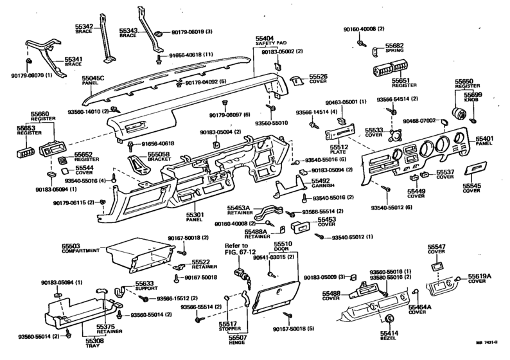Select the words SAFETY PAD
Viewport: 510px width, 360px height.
(265, 44)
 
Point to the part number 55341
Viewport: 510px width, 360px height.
(73, 59)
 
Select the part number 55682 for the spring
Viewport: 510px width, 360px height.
(394, 46)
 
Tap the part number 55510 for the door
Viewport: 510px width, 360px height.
(283, 244)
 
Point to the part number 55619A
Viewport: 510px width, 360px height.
(479, 276)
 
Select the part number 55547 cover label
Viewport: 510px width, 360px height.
(437, 247)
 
